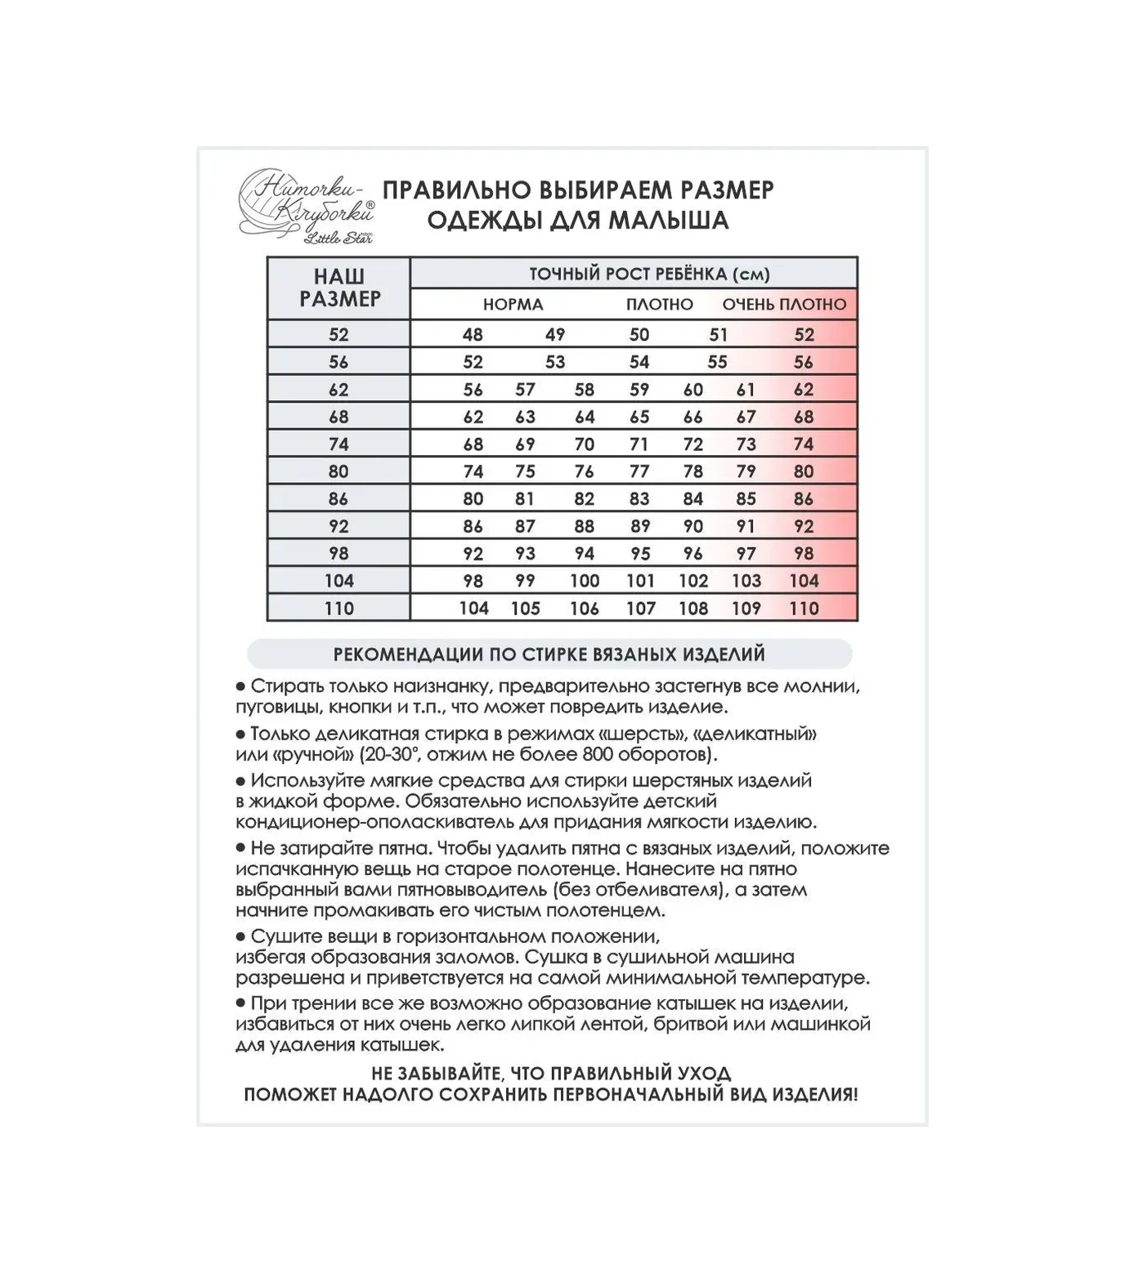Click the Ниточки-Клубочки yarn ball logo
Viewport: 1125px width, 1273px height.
304,205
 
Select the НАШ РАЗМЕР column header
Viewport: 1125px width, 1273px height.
339,288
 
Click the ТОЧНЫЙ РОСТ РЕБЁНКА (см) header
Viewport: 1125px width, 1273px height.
649,274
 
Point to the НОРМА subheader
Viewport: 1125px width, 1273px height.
513,305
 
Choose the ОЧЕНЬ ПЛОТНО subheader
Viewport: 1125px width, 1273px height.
784,305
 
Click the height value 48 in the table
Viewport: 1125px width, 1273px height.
473,334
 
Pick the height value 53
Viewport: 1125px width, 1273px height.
555,362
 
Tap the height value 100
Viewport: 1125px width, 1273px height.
585,581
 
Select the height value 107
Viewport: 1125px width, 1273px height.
640,609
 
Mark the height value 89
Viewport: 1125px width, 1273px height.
640,526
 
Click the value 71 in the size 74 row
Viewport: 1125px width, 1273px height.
639,444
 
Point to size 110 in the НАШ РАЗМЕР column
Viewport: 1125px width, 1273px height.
338,609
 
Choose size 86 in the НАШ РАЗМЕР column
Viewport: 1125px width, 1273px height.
338,499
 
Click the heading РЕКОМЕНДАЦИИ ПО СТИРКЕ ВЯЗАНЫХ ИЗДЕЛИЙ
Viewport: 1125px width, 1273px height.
549,654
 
